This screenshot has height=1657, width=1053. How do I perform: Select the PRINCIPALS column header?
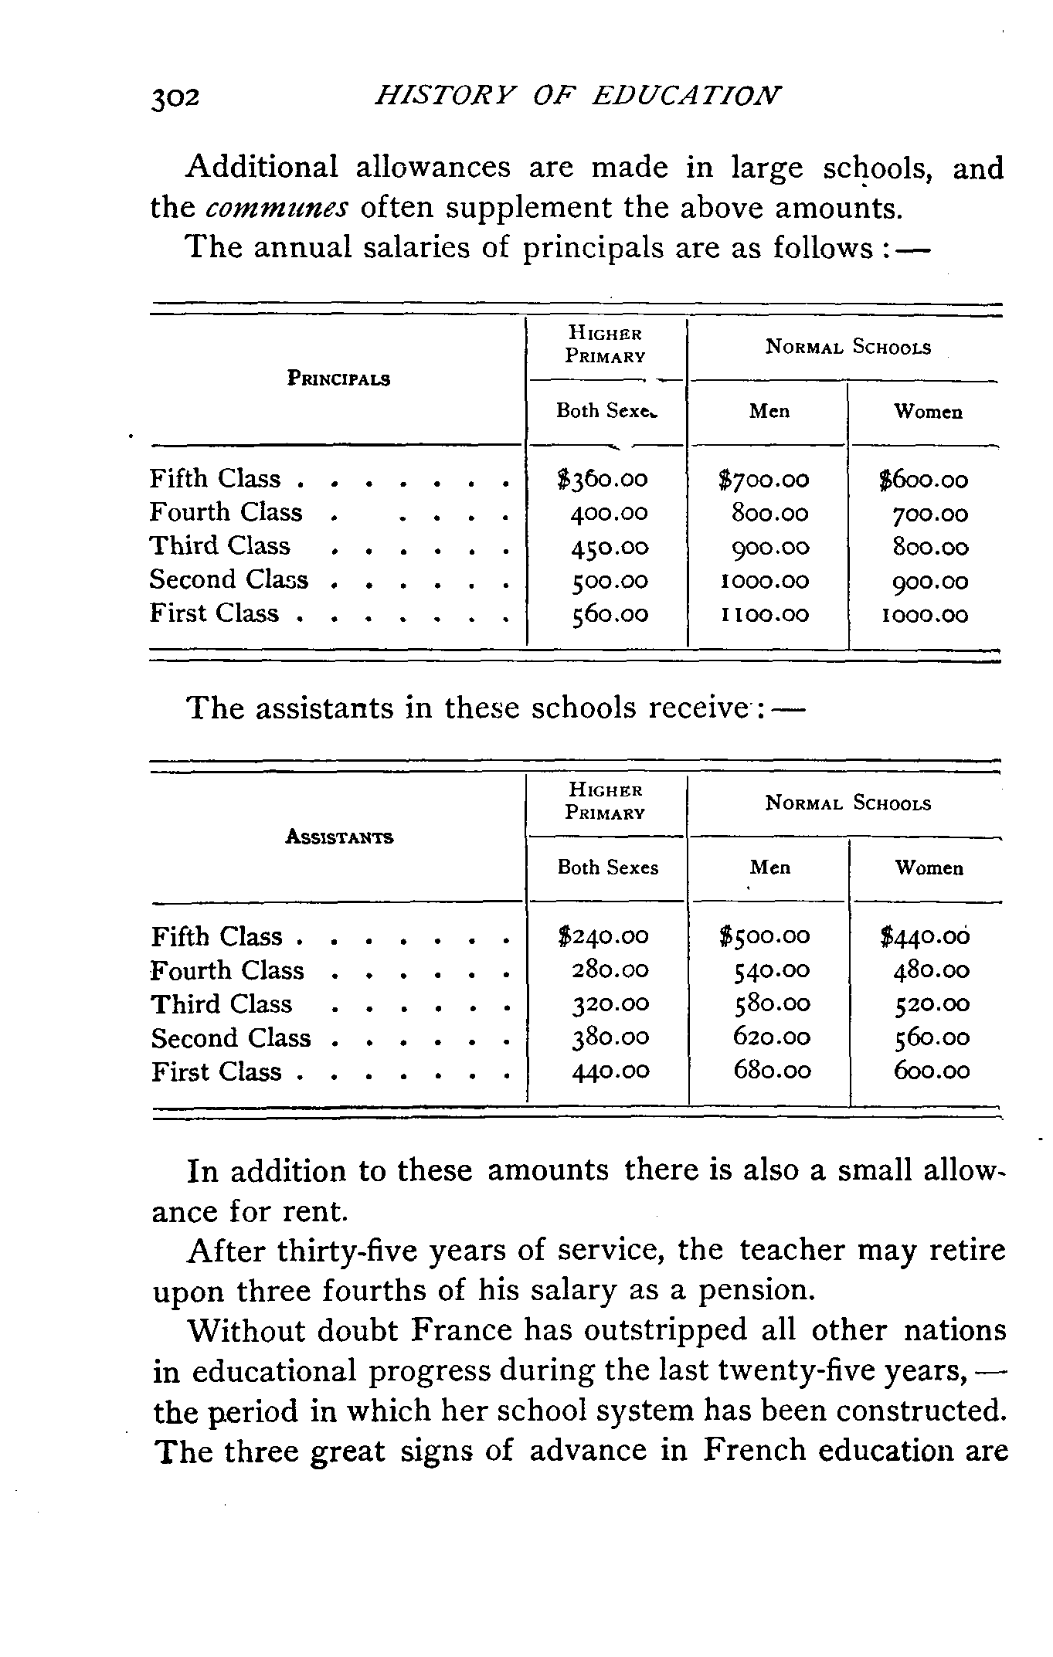pos(338,379)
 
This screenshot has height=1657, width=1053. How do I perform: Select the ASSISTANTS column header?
pos(339,837)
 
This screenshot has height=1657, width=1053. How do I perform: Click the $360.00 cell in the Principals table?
pos(603,480)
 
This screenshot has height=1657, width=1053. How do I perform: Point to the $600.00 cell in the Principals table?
pos(924,480)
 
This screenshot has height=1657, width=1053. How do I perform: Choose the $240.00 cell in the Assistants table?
pos(603,936)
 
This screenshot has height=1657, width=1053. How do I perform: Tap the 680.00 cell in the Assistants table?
pos(772,1071)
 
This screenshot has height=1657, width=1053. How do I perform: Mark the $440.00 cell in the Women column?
pos(925,936)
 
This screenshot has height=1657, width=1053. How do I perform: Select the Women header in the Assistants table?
pos(929,868)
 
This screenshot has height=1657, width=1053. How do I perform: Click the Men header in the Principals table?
pos(769,411)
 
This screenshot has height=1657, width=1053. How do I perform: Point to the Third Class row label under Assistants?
pos(222,1004)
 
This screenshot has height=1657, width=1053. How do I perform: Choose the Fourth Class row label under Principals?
pos(226,512)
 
